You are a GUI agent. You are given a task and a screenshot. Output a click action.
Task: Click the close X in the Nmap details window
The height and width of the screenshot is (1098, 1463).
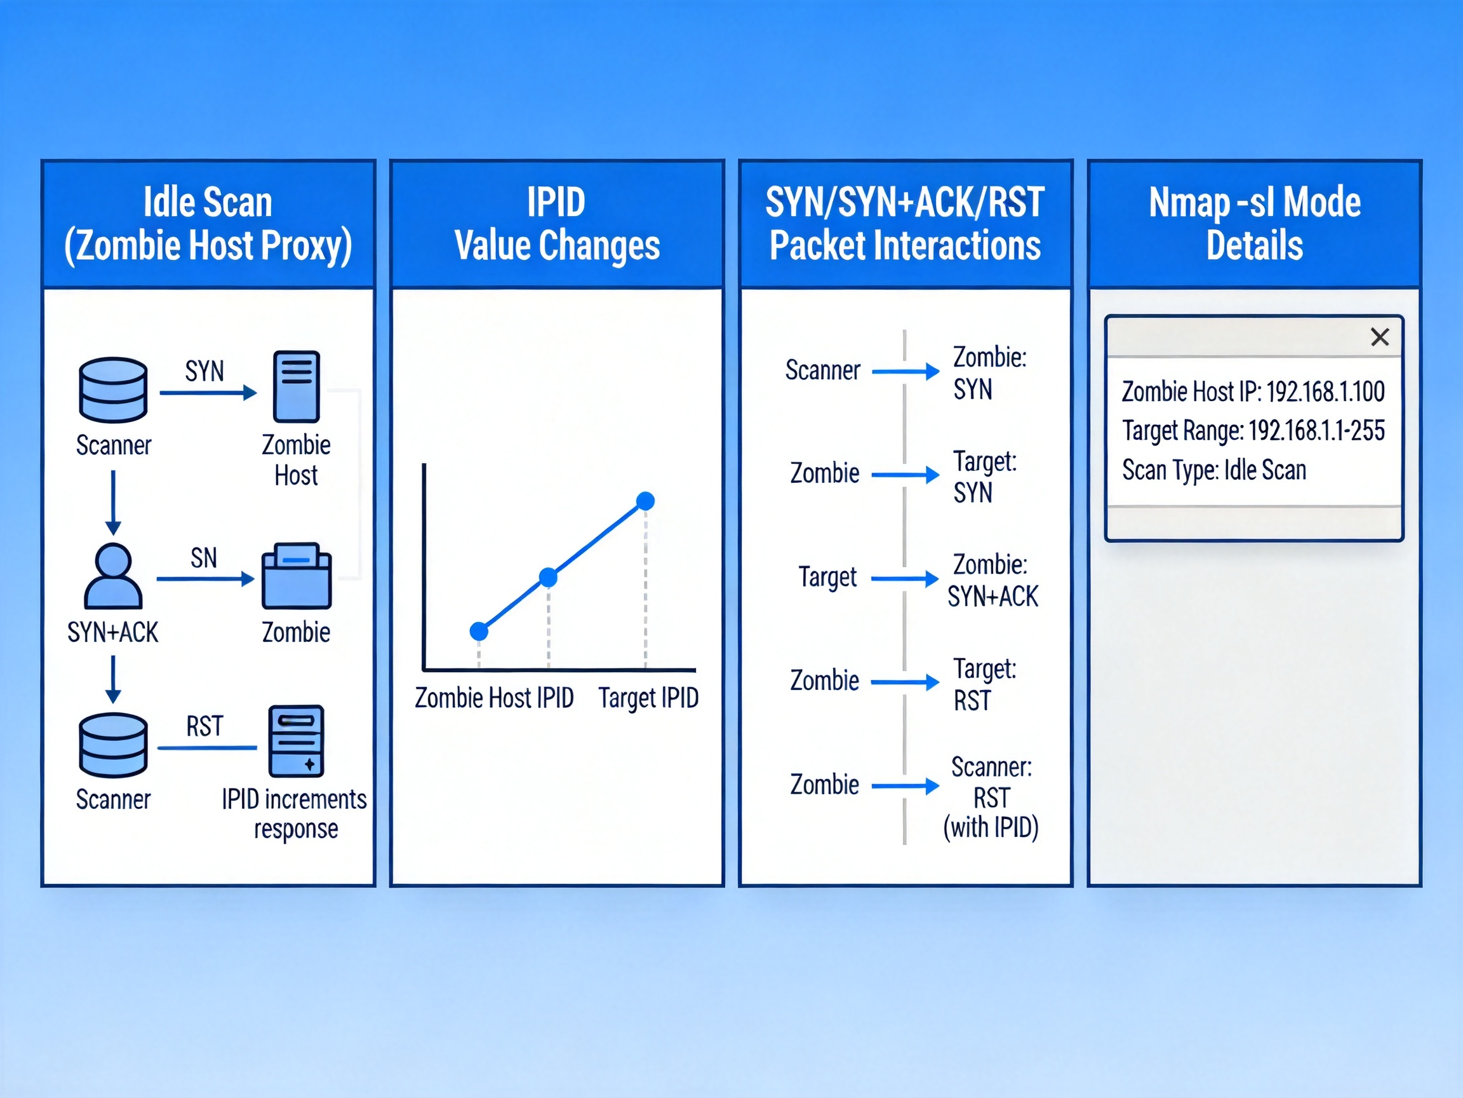1380,337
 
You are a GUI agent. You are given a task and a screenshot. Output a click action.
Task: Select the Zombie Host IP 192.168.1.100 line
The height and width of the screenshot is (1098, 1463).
1253,392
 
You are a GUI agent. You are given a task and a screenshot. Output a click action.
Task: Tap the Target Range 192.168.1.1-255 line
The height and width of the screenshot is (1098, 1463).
1253,431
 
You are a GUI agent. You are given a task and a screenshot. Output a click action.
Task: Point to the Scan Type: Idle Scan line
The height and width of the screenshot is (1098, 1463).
1213,470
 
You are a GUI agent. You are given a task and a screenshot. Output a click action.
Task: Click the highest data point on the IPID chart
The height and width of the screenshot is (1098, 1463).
645,501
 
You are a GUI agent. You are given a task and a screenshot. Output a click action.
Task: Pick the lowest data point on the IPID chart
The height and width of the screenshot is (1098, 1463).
479,632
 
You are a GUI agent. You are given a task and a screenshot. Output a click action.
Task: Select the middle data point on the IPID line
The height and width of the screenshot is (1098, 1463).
548,578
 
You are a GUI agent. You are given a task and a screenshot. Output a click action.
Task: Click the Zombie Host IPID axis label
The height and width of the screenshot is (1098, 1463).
494,698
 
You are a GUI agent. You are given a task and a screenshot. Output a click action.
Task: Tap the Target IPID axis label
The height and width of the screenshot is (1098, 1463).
648,698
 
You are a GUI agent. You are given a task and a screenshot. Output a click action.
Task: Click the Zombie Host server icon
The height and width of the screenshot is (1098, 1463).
297,386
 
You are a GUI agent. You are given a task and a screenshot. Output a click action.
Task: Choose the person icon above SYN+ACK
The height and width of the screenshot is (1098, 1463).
113,576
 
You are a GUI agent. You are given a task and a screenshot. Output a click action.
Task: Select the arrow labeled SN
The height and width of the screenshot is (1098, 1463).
205,579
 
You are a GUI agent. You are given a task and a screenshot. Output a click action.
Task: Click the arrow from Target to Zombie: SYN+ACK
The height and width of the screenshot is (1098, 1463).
904,579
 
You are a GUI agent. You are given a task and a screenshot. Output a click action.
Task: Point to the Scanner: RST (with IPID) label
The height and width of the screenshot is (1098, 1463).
991,797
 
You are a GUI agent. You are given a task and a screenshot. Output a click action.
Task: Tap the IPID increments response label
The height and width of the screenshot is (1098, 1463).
295,813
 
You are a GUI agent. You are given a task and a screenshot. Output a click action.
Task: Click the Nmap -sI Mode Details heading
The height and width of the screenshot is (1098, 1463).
1254,224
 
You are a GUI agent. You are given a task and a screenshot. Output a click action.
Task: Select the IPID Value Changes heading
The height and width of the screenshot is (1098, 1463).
557,224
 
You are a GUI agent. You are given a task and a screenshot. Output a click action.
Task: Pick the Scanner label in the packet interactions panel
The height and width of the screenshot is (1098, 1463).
822,370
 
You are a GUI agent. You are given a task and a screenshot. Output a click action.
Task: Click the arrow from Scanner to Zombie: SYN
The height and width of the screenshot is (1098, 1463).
905,371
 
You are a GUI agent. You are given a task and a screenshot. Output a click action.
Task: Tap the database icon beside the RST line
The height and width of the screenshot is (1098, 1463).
113,745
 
